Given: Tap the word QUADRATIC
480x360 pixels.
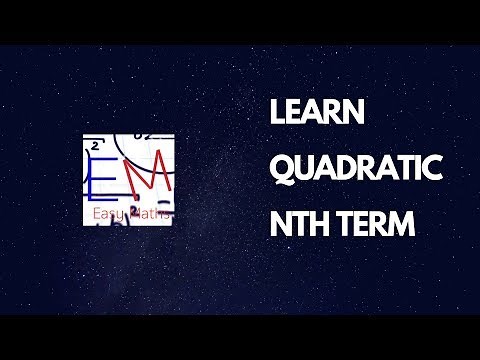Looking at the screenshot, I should pos(356,170).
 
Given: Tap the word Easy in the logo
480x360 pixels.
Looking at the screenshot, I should pos(110,214).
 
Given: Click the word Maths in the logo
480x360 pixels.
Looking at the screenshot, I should pos(152,214).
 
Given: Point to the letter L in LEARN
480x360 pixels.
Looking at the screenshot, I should pos(278,114).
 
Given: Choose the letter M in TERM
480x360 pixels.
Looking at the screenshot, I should pos(402,225).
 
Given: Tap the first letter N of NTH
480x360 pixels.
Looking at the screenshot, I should pos(280,225).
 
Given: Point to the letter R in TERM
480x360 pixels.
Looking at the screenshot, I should pos(379,225).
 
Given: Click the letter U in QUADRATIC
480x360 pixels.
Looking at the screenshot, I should pos(305,170).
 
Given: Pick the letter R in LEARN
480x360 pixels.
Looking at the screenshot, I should pos(338,114).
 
